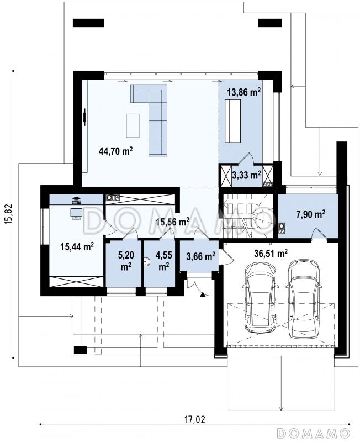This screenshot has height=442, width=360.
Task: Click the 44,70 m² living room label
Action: point(116,151)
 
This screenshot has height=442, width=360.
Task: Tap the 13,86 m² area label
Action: point(243,92)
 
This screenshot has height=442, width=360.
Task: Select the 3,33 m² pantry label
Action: point(246,175)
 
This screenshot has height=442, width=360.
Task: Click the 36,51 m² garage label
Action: point(271,253)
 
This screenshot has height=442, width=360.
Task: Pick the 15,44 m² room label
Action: point(77,246)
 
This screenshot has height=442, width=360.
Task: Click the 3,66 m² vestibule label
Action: point(201,256)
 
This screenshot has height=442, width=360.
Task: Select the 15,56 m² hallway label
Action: point(173,222)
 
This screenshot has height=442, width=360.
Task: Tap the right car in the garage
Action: point(304,298)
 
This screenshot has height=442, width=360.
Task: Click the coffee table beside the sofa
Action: point(133,125)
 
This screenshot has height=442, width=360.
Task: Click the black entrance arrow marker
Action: point(202,295)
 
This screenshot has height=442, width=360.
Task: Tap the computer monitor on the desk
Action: point(76,213)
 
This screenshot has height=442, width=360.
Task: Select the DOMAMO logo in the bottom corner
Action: point(313,433)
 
